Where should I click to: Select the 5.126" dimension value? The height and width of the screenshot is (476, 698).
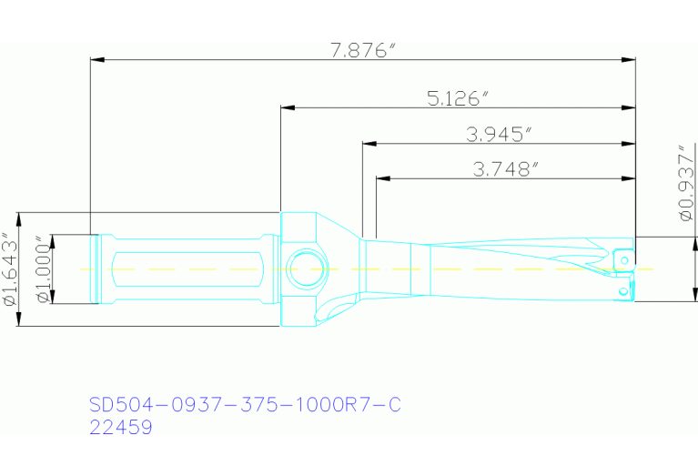(458, 97)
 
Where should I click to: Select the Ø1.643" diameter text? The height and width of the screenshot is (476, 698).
(12, 268)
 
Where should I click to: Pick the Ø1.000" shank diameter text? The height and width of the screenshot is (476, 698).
(42, 269)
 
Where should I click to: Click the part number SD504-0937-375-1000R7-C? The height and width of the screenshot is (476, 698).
(244, 405)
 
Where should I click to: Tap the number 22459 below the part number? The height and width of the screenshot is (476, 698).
(120, 426)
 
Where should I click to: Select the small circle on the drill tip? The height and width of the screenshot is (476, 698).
(623, 290)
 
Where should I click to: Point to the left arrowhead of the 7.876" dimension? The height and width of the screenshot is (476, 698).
(96, 60)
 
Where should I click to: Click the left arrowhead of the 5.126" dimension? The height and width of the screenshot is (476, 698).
(288, 107)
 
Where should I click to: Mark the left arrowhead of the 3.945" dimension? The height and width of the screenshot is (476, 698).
(369, 144)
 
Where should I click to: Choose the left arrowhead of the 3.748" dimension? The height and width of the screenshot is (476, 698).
(383, 177)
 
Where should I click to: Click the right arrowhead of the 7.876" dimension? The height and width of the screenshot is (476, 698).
(628, 60)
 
